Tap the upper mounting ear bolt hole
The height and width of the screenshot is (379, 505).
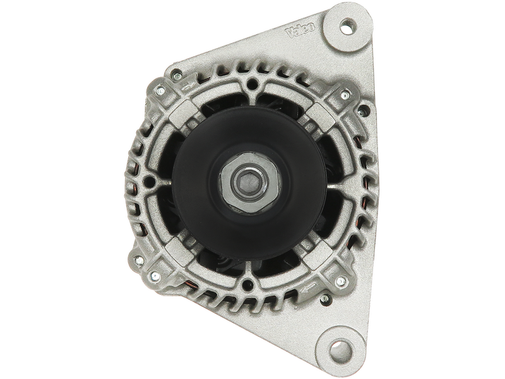click(x=347, y=25)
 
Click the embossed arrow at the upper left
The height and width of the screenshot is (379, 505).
click(x=188, y=85)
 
